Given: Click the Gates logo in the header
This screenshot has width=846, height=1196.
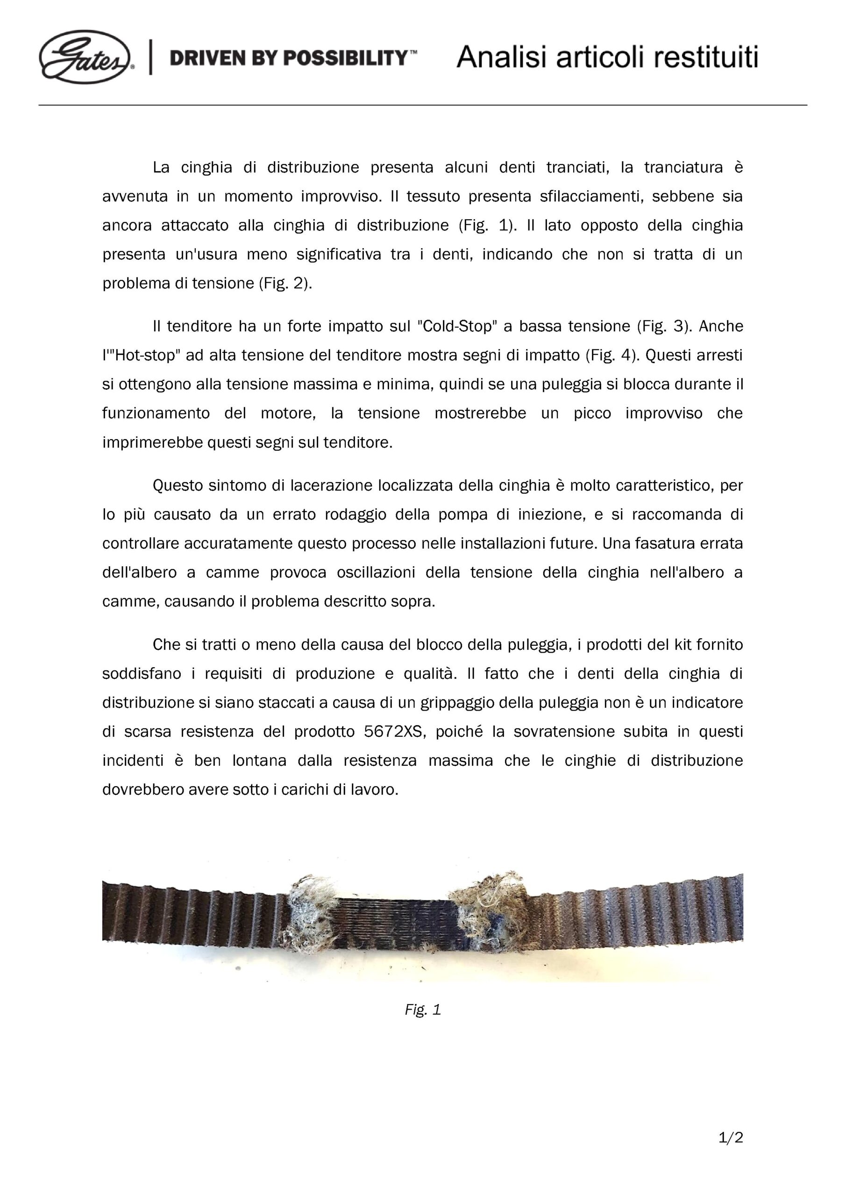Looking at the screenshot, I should [x=85, y=57].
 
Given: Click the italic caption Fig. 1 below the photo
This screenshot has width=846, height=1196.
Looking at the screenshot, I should [x=422, y=1010].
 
